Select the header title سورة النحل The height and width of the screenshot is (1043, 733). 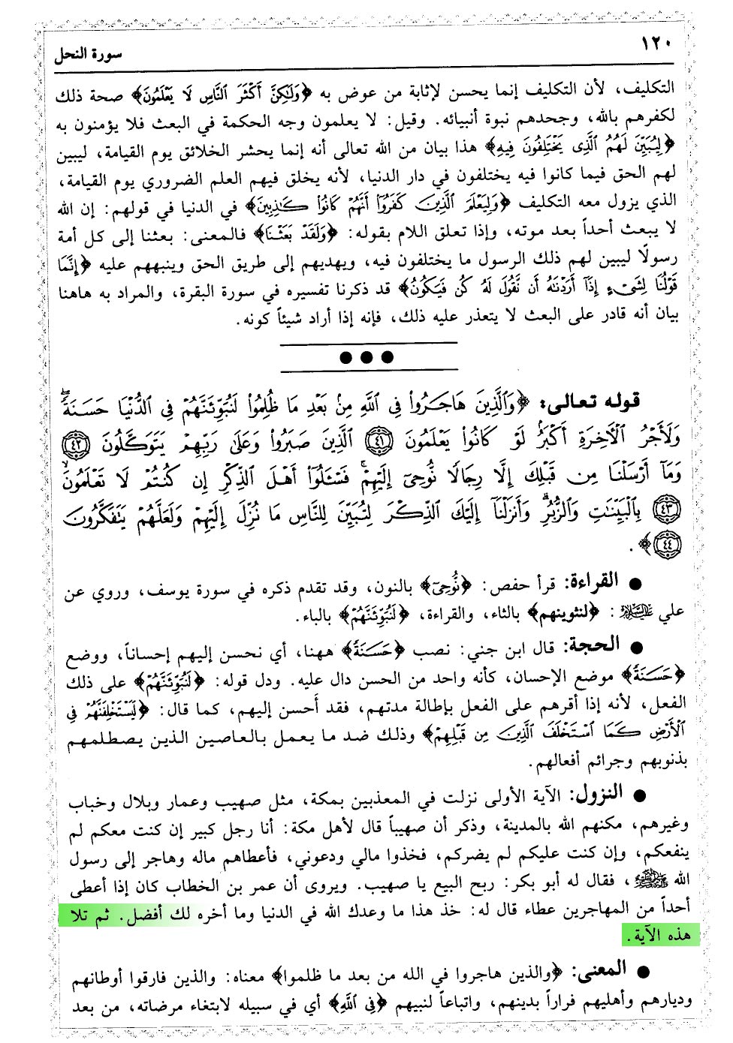click(x=89, y=55)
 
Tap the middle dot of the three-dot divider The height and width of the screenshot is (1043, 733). click(x=366, y=357)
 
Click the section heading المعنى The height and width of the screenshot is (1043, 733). click(x=598, y=970)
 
